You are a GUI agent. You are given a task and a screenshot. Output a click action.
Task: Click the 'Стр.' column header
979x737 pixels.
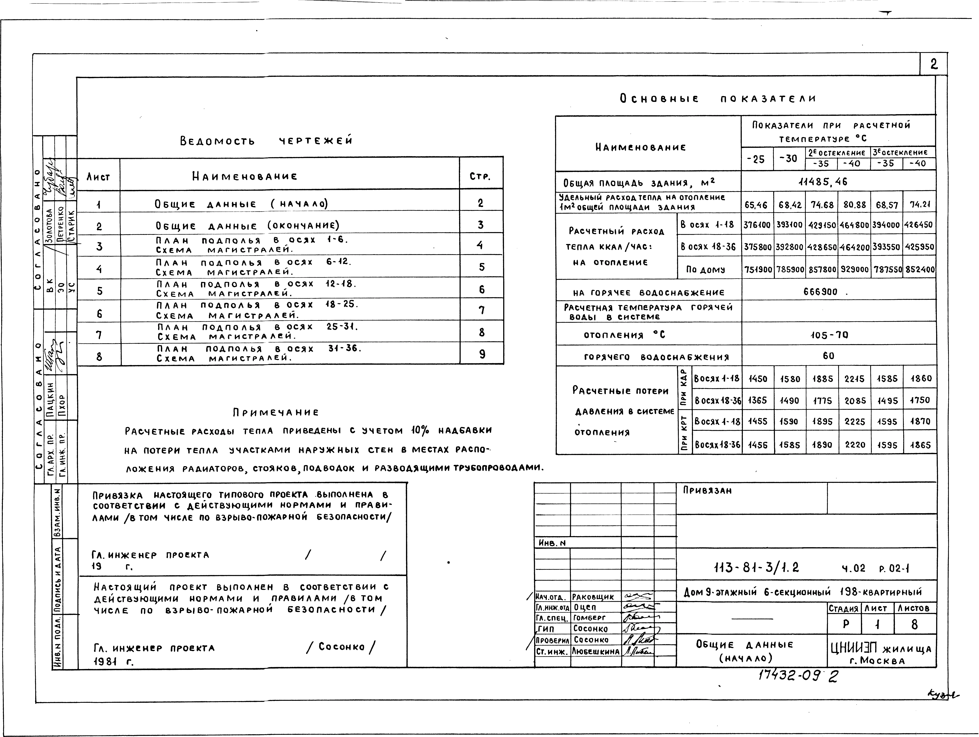point(480,177)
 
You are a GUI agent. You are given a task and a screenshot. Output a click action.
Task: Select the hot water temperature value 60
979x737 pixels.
point(829,356)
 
